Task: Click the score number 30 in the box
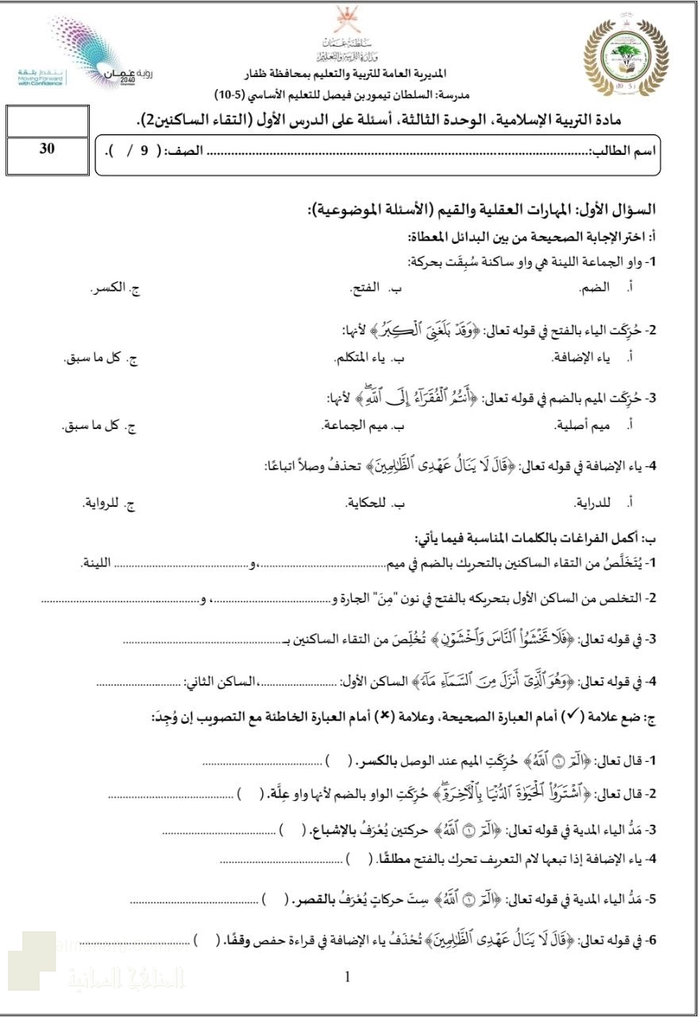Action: coord(46,149)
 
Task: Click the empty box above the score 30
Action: coord(46,122)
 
